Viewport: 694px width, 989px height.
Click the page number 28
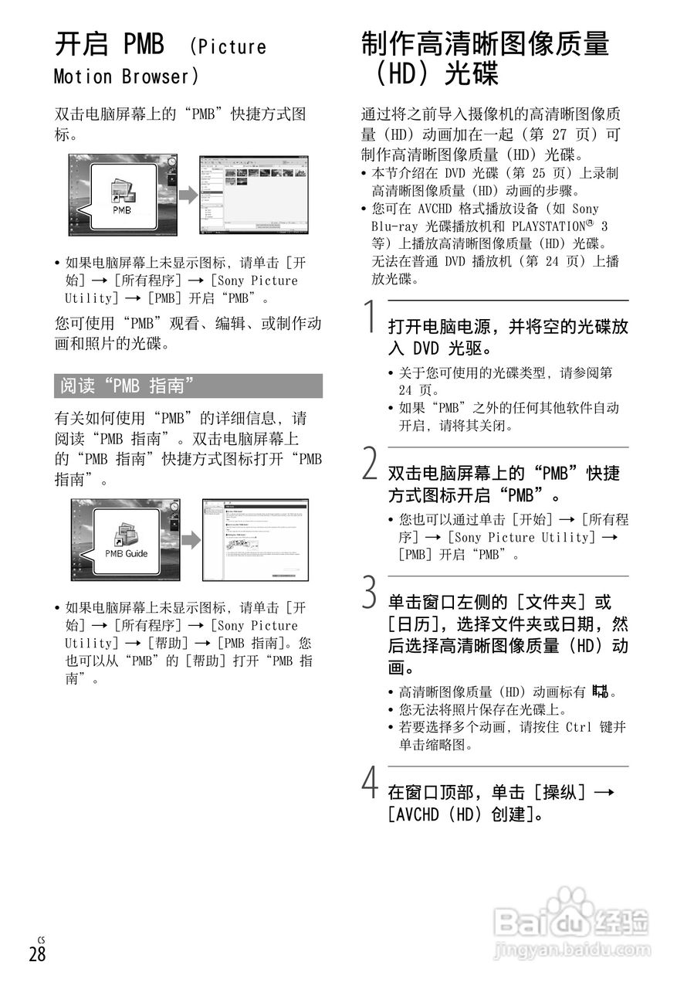[37, 954]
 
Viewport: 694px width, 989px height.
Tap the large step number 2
[371, 466]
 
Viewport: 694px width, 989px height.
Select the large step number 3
[371, 594]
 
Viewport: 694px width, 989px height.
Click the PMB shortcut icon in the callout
[122, 193]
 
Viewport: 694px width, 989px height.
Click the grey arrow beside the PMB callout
[188, 196]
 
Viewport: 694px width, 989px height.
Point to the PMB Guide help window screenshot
[256, 539]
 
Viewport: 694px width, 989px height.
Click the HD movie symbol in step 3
[600, 692]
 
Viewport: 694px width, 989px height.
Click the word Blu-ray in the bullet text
[394, 226]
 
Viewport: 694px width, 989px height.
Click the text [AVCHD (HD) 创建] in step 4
[464, 814]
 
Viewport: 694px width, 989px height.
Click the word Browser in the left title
[161, 77]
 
